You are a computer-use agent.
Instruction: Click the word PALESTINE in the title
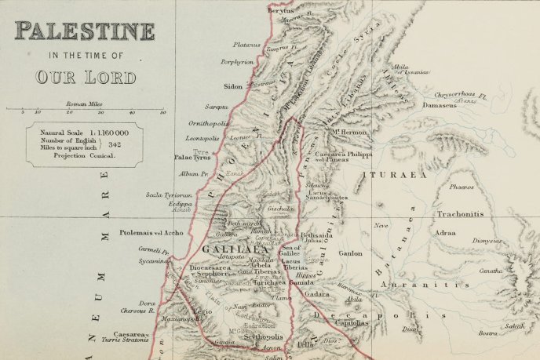pyautogui.click(x=84, y=32)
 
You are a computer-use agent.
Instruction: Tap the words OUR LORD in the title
pyautogui.click(x=85, y=77)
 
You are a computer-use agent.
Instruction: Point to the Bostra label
pyautogui.click(x=488, y=334)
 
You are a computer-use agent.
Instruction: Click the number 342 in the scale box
pyautogui.click(x=115, y=144)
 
